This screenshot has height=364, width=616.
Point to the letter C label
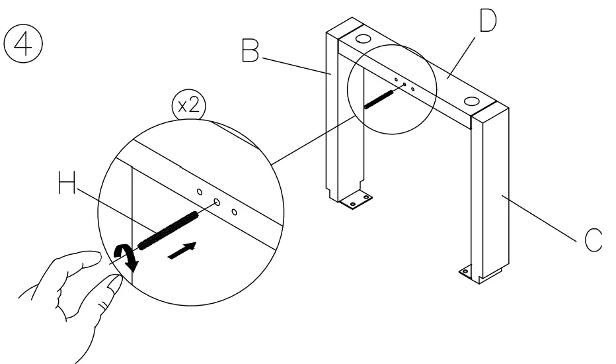click(x=592, y=240)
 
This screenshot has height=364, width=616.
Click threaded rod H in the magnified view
click(x=169, y=222)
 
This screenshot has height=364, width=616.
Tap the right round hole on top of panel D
click(x=471, y=101)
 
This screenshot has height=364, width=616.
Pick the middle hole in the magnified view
click(x=216, y=201)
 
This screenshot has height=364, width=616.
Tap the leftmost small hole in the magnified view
click(x=199, y=192)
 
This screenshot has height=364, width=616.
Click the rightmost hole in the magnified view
click(x=234, y=212)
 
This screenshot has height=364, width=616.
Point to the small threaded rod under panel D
click(x=379, y=97)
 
